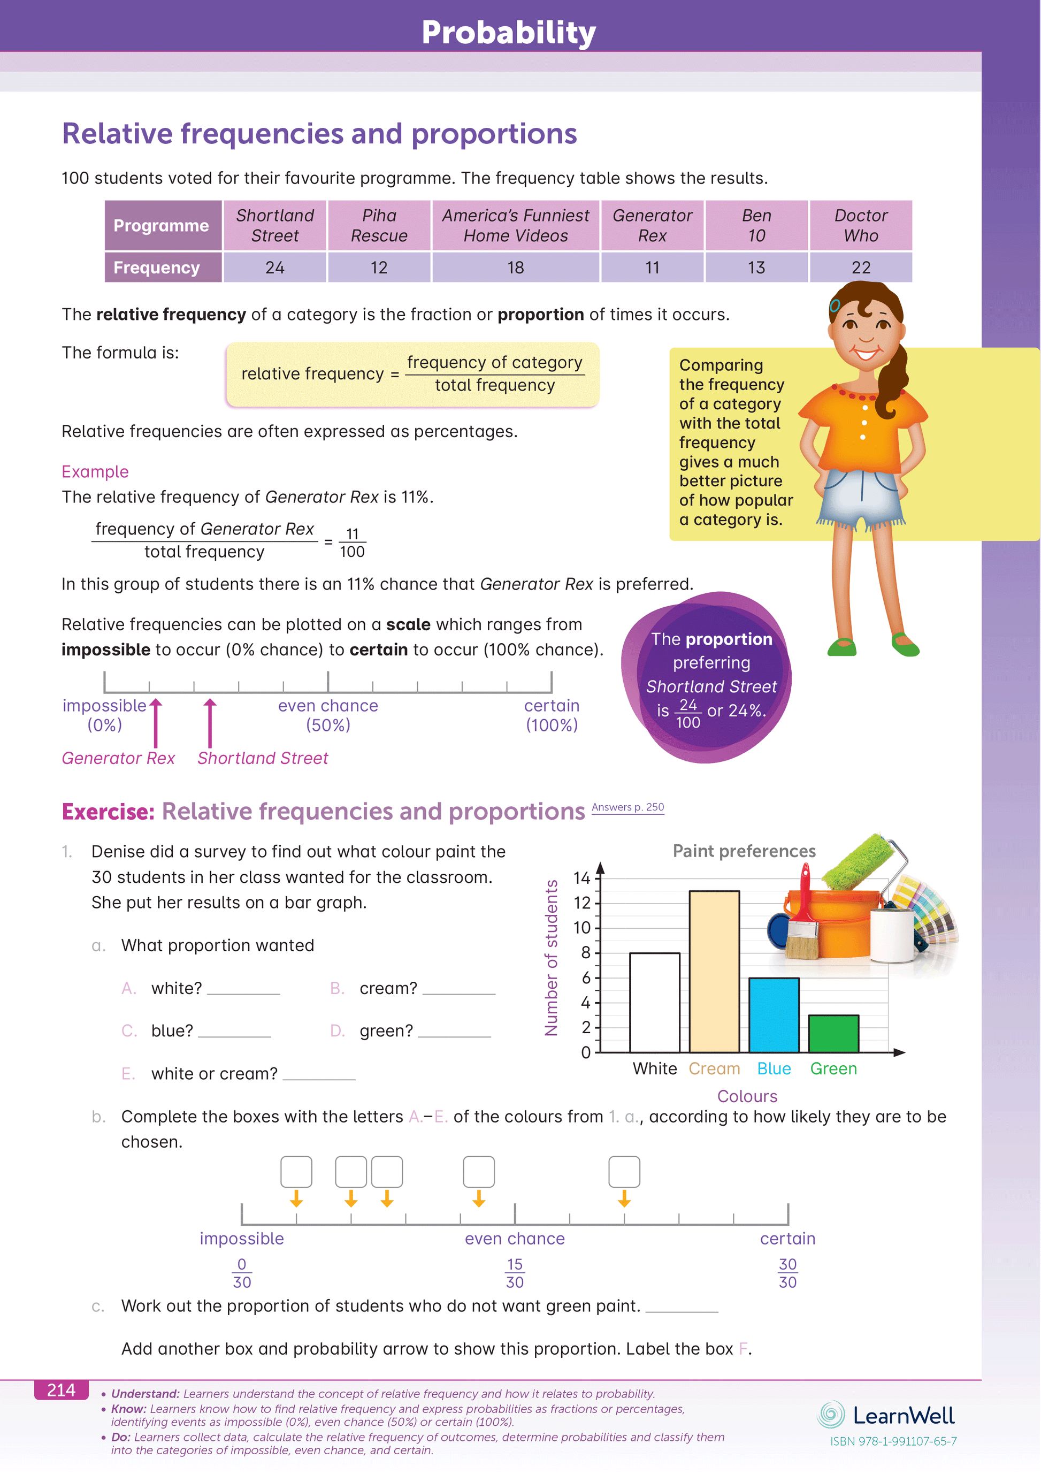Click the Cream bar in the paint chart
pyautogui.click(x=714, y=971)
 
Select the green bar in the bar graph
pyautogui.click(x=833, y=1033)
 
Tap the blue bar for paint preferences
pyautogui.click(x=774, y=1014)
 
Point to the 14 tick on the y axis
pyautogui.click(x=582, y=877)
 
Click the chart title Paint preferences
pyautogui.click(x=744, y=851)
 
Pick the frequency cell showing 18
pyautogui.click(x=515, y=267)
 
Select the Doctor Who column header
pyautogui.click(x=861, y=225)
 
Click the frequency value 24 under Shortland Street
pyautogui.click(x=274, y=267)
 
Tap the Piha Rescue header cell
pyautogui.click(x=379, y=225)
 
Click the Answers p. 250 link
pyautogui.click(x=627, y=807)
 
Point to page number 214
pyautogui.click(x=61, y=1390)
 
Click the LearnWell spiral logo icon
pyautogui.click(x=831, y=1414)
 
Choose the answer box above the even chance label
pyautogui.click(x=479, y=1172)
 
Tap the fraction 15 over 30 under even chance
pyautogui.click(x=515, y=1272)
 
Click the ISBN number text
pyautogui.click(x=893, y=1441)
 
